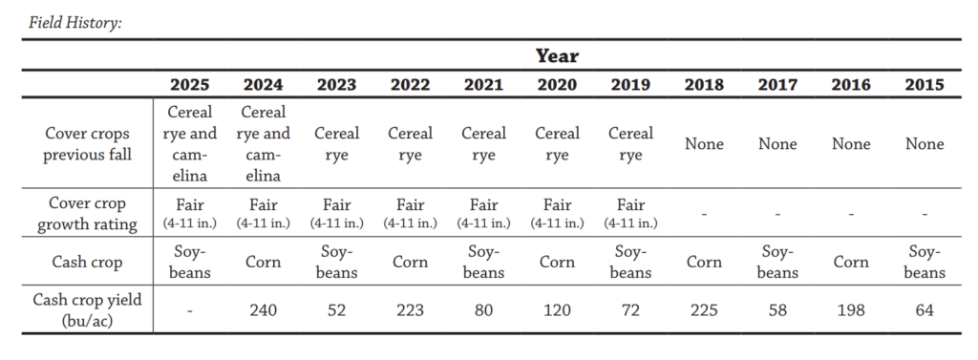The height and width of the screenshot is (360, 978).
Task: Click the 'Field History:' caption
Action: [x=74, y=23]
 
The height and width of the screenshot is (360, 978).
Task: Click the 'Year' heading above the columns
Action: [x=557, y=56]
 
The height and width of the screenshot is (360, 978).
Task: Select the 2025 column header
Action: [x=190, y=84]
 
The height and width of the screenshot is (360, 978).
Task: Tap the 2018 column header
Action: [x=704, y=84]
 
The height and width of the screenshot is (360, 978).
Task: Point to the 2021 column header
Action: [x=483, y=84]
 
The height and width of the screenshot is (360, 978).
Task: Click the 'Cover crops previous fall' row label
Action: [x=87, y=143]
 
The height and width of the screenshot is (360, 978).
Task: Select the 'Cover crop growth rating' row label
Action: [x=87, y=213]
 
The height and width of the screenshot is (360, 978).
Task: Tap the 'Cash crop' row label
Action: [x=87, y=262]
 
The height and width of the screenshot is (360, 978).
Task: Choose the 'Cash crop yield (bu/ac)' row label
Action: [x=87, y=310]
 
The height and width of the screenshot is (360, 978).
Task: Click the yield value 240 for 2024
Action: [x=264, y=310]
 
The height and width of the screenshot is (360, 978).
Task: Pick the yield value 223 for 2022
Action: [x=411, y=310]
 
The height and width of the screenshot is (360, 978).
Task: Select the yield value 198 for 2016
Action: [x=851, y=310]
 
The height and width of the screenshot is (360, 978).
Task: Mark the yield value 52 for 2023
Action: [x=337, y=310]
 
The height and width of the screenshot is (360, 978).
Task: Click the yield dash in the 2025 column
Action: [x=190, y=310]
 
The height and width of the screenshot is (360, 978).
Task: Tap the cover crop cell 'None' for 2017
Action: [x=777, y=143]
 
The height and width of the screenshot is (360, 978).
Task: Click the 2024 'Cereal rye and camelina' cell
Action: [x=264, y=143]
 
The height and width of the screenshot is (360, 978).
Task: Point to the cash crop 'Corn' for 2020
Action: [x=557, y=262]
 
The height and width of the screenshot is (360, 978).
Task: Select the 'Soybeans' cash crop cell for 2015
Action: [x=925, y=262]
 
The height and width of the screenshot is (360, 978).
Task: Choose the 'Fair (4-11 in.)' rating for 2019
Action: [x=630, y=213]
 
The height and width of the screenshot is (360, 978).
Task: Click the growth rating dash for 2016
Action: [x=851, y=214]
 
